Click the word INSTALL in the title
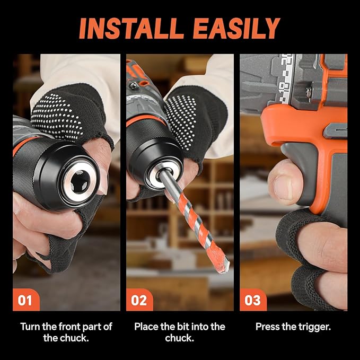tap(130, 28)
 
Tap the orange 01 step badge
tap(25, 301)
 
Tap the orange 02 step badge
tap(139, 301)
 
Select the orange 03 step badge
tap(252, 301)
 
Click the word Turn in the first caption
tap(31, 327)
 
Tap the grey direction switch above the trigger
tap(331, 129)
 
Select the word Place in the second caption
tap(146, 327)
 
